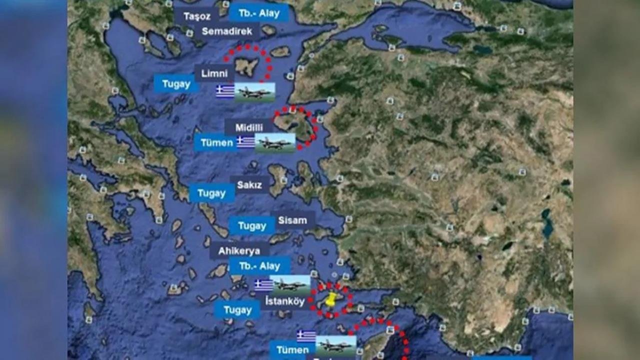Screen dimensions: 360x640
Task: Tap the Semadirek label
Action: [226, 31]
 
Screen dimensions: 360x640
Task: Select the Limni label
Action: [214, 73]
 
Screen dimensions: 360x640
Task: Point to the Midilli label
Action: [249, 127]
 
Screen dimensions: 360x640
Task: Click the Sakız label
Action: [249, 185]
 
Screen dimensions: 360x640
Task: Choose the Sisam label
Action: [292, 220]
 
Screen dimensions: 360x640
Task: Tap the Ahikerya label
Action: [238, 251]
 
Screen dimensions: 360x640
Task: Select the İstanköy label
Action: [285, 301]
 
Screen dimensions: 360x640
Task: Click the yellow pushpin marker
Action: [330, 300]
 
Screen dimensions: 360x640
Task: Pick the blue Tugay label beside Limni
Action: [176, 84]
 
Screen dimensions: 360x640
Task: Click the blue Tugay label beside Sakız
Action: [211, 193]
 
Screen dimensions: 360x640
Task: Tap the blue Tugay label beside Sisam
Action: [252, 226]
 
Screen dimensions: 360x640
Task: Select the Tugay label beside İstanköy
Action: [237, 310]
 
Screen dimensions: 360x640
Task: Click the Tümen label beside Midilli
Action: [216, 142]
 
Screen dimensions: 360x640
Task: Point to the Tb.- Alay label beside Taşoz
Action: [259, 13]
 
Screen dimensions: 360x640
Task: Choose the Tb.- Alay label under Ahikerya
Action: [259, 266]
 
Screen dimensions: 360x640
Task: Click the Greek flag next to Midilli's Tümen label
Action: [245, 142]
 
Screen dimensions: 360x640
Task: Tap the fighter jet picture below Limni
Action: [255, 92]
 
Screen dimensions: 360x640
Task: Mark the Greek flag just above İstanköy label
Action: [263, 285]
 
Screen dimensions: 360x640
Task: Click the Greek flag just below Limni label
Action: [225, 91]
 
